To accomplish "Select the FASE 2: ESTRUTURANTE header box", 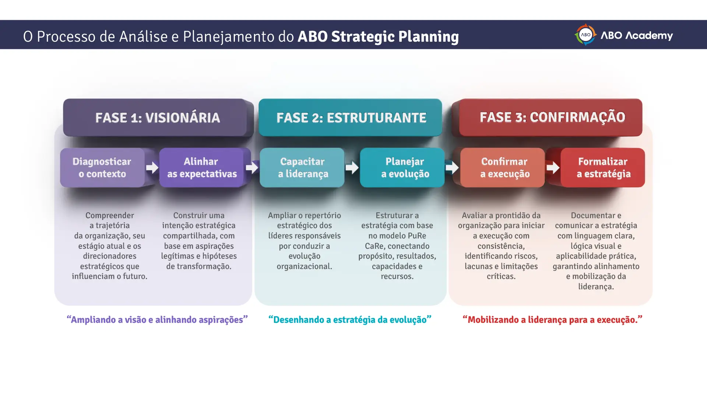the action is [350, 118].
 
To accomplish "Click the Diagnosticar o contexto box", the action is [102, 168].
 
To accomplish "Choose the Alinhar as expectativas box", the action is [201, 168].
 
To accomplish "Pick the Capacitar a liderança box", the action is [302, 168].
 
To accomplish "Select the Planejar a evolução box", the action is [402, 168].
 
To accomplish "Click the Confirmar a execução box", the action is [503, 168].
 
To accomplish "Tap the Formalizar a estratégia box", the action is [603, 168].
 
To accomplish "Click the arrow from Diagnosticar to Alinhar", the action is [152, 168].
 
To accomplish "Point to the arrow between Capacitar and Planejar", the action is [352, 168].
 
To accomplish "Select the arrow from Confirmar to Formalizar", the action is [553, 168].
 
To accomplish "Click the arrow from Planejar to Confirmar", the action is [452, 168].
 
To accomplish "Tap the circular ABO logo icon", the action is [585, 35].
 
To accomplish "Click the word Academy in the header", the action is [649, 36].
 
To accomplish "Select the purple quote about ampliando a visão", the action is [157, 320].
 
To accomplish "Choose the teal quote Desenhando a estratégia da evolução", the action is [350, 320].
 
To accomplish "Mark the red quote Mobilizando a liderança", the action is [552, 320].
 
